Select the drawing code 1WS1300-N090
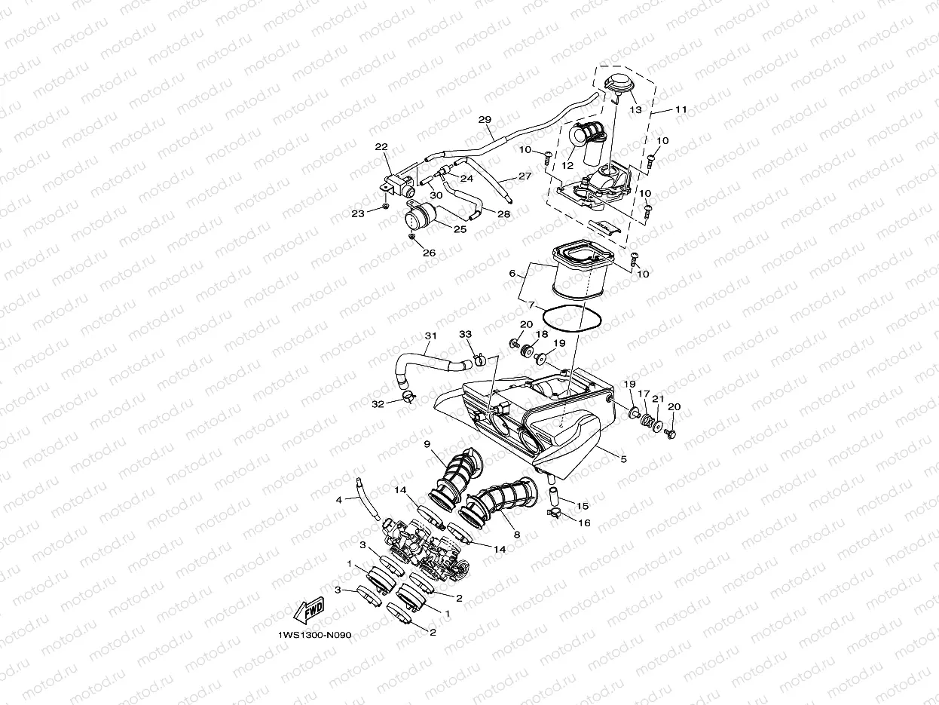314,635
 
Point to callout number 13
635,110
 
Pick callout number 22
381,147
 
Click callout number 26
429,253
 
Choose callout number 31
430,336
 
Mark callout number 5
623,458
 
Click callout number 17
644,394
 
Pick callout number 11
681,110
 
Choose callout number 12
567,165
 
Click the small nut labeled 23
385,204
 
